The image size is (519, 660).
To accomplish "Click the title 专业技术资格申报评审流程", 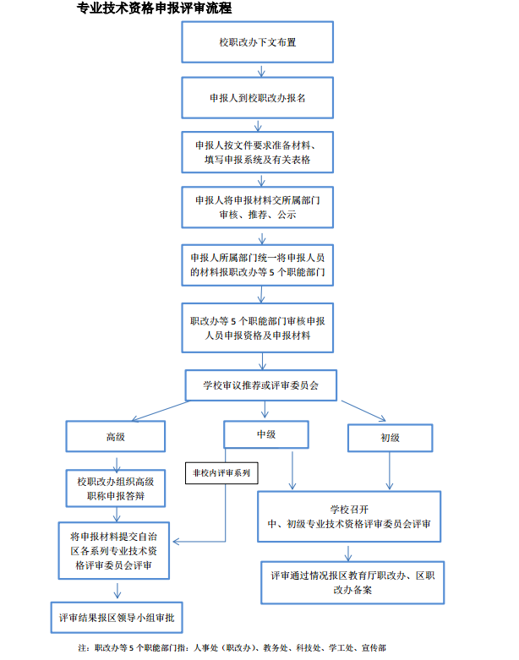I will [154, 8].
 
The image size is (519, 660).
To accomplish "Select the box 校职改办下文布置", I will [257, 41].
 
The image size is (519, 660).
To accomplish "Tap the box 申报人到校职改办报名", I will [257, 97].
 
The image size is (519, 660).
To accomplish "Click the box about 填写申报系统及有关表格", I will [257, 151].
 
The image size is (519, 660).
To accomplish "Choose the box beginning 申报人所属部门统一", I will [258, 265].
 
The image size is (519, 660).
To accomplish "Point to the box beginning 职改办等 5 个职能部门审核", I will [258, 328].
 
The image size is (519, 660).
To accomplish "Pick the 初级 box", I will [390, 438].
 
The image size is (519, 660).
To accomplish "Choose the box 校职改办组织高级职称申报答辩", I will [116, 488].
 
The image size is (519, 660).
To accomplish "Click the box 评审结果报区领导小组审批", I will [116, 616].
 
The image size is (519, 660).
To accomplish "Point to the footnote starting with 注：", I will [232, 647].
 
